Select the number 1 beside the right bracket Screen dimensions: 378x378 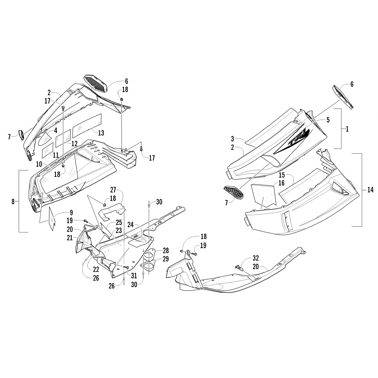[x=347, y=129]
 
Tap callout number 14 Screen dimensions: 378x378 [x=370, y=191]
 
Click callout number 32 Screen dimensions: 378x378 [x=256, y=258]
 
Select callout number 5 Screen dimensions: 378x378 [x=328, y=120]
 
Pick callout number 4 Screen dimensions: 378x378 [x=55, y=130]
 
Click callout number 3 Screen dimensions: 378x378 [x=232, y=138]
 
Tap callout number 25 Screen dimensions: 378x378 [x=119, y=223]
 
